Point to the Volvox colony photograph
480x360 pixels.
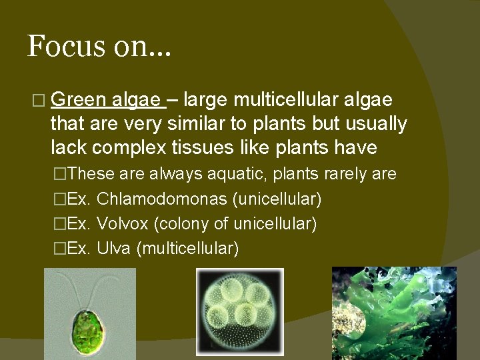[240, 312]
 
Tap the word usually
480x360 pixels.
[373, 124]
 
